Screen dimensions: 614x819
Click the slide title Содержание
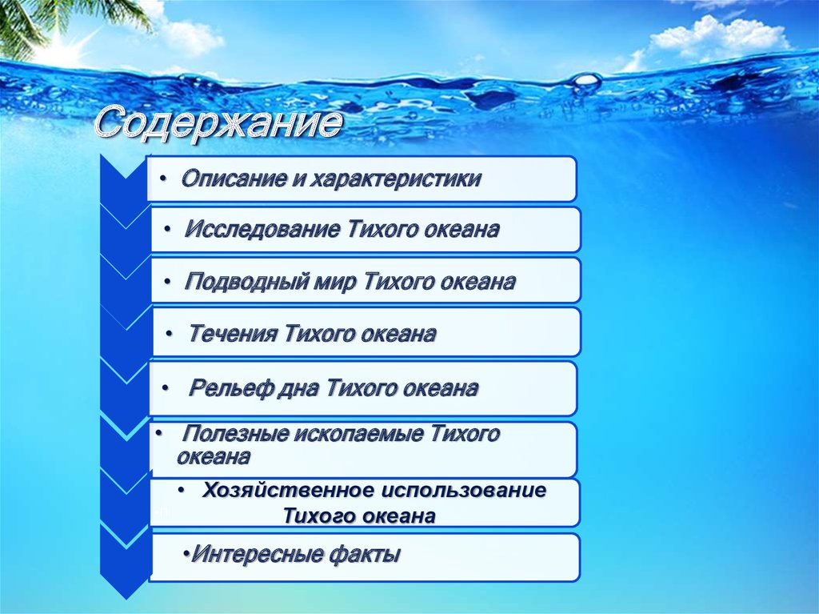coord(218,125)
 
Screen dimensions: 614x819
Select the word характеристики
coord(395,179)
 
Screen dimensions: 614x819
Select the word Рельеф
coord(228,389)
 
